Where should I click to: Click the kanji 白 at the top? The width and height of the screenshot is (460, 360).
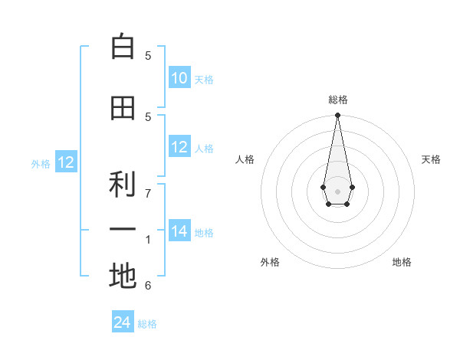123,47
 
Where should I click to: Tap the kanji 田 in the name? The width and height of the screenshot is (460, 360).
123,108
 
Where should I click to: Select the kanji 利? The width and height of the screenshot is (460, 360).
123,184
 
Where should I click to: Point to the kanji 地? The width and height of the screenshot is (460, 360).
123,277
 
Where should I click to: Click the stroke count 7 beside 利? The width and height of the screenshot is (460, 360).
148,193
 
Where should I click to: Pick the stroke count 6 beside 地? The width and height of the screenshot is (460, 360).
148,286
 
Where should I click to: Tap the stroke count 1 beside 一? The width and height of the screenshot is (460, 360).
148,240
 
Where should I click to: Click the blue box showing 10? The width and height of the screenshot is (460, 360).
179,78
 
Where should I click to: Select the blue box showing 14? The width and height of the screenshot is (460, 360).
179,231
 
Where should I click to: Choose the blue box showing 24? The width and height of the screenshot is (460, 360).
123,323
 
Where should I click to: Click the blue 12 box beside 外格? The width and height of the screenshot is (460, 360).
65,162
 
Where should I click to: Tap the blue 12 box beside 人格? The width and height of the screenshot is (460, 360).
179,147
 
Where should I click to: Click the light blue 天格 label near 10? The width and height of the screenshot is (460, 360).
204,80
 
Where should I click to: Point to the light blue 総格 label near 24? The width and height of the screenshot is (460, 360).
148,324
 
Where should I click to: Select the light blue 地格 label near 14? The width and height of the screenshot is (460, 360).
204,233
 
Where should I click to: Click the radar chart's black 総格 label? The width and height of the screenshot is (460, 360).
337,100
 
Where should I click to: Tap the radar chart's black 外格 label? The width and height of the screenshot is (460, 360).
270,262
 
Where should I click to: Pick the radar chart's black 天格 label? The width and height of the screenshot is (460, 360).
431,159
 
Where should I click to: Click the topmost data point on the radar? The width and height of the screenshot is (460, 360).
337,116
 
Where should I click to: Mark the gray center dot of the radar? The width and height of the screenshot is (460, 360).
337,190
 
